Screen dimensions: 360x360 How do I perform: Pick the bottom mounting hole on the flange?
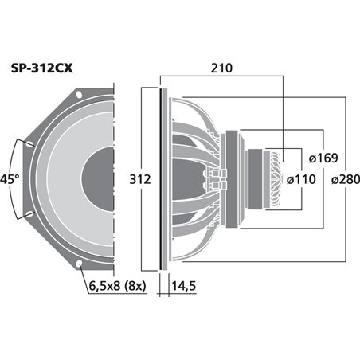pyautogui.click(x=80, y=264)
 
